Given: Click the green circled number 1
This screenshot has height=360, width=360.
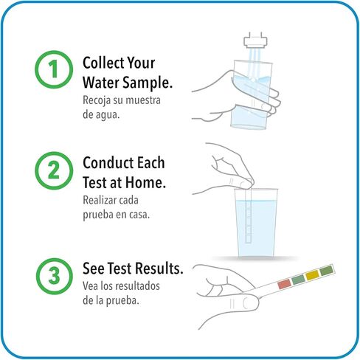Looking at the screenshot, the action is pos(54,69).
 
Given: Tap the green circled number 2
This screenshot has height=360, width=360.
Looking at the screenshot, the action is pos(54,170).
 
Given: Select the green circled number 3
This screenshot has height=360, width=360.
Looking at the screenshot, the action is pos(55,276).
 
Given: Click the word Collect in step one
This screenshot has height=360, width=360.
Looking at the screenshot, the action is pos(103,63).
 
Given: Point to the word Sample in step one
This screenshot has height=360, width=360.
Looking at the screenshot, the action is pos(148,83).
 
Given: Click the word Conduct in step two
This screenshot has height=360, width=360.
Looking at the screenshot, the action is pos(108,163).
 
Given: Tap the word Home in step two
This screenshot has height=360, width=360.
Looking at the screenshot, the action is pos(145,183).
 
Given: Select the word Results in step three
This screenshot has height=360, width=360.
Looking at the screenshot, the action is pos(159,269).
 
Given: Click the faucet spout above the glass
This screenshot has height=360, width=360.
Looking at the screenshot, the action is pos(255,41).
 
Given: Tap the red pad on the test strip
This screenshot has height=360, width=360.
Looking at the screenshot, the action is pos(284,284).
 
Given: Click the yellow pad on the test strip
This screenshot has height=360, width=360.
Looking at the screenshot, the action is pos(312,275).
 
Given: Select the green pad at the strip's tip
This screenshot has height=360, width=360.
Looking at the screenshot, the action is pos(327,271).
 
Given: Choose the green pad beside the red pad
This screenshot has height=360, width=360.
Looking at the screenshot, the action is pos(298,280).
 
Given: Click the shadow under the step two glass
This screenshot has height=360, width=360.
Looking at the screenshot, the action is pos(256,258).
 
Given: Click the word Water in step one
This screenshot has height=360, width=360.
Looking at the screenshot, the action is pos(101,83).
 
